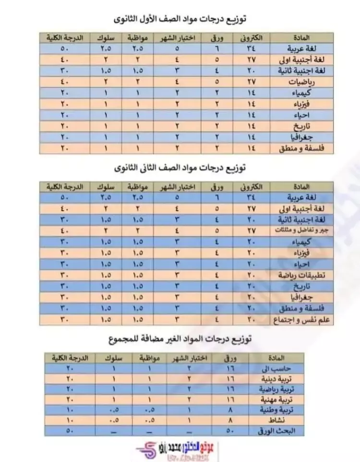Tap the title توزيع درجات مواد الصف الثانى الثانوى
(180, 168)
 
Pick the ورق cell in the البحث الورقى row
(229, 431)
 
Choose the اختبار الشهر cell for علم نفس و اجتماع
(178, 319)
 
